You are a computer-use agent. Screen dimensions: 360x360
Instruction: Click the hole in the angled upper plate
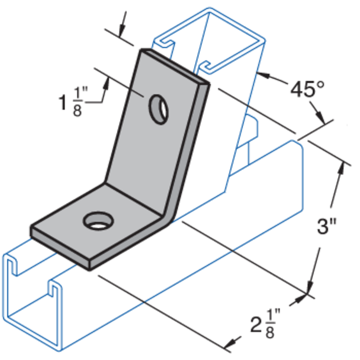click(159, 108)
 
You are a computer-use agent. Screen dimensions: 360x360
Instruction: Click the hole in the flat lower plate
click(97, 221)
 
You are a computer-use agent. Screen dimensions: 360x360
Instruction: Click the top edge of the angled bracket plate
click(174, 65)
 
